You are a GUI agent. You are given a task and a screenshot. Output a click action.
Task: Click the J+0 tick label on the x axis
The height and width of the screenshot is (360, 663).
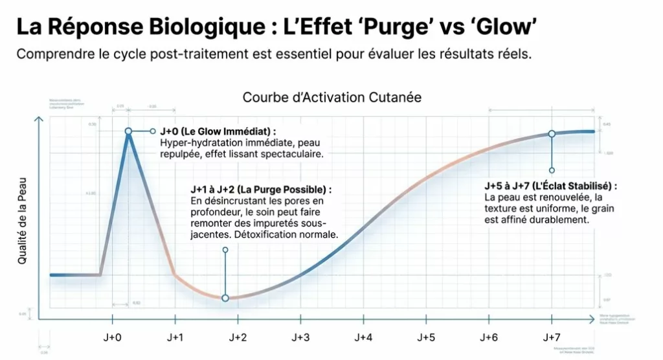coord(112,338)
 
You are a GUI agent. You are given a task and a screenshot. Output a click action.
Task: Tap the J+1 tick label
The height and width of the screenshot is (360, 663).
coord(175,338)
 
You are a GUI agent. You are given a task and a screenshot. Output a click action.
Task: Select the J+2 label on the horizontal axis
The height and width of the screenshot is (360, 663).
coord(238,338)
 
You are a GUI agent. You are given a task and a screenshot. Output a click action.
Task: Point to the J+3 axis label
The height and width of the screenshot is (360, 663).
coord(300,338)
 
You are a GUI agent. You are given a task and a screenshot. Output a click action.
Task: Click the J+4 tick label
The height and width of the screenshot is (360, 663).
coord(363,338)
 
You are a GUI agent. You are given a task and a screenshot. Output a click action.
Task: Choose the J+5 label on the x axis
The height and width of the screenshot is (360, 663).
coord(425,338)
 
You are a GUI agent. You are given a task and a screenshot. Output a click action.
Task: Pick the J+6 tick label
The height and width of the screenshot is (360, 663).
coord(488,338)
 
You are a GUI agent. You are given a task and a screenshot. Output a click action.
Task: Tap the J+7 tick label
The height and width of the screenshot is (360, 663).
coord(551,338)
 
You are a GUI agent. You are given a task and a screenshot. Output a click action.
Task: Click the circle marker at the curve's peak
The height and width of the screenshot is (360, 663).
coord(128,131)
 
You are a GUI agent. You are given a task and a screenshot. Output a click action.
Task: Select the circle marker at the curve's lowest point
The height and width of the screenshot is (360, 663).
coord(225,298)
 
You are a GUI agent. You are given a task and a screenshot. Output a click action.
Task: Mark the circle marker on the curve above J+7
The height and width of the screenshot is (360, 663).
coord(552,133)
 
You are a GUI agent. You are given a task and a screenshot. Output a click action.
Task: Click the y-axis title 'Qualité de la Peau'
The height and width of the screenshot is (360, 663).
coord(23,221)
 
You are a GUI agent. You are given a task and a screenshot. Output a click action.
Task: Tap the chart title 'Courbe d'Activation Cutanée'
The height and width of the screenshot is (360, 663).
coord(332,98)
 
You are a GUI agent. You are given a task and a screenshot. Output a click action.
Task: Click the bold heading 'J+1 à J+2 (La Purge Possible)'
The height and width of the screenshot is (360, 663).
coord(261,190)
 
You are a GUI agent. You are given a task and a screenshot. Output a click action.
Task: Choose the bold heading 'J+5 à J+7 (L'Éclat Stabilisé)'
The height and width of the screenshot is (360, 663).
coord(550,186)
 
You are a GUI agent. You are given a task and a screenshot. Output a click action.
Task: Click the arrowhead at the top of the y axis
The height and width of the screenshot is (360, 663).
coord(39,120)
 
